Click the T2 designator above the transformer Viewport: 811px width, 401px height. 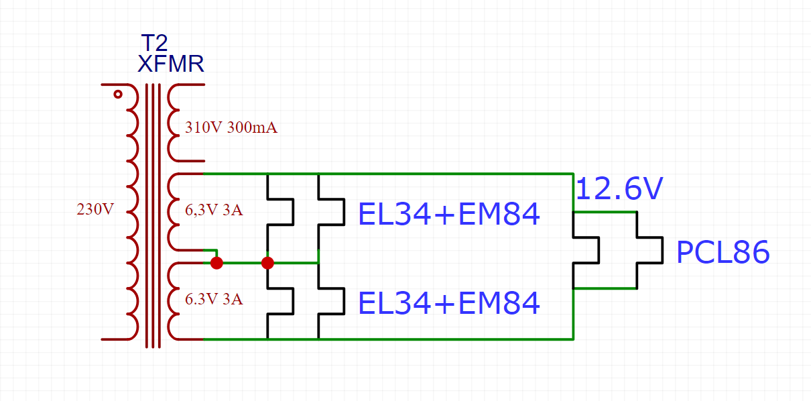point(154,43)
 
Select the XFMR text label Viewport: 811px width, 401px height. point(171,64)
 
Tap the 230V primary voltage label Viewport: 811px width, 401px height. point(95,209)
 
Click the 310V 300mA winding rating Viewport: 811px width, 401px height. point(231,127)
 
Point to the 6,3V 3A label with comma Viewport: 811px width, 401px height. point(214,210)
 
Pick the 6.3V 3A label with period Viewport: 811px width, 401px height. point(214,299)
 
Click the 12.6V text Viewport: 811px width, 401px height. point(619,188)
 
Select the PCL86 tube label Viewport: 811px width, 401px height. point(723,252)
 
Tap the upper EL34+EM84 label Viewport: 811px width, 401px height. point(449,214)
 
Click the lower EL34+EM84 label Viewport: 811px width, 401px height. point(449,303)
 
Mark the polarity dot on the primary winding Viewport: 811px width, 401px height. point(118,95)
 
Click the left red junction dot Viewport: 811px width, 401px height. point(216,263)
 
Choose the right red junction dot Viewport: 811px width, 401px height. point(267,263)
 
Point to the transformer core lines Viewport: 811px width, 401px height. point(153,216)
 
